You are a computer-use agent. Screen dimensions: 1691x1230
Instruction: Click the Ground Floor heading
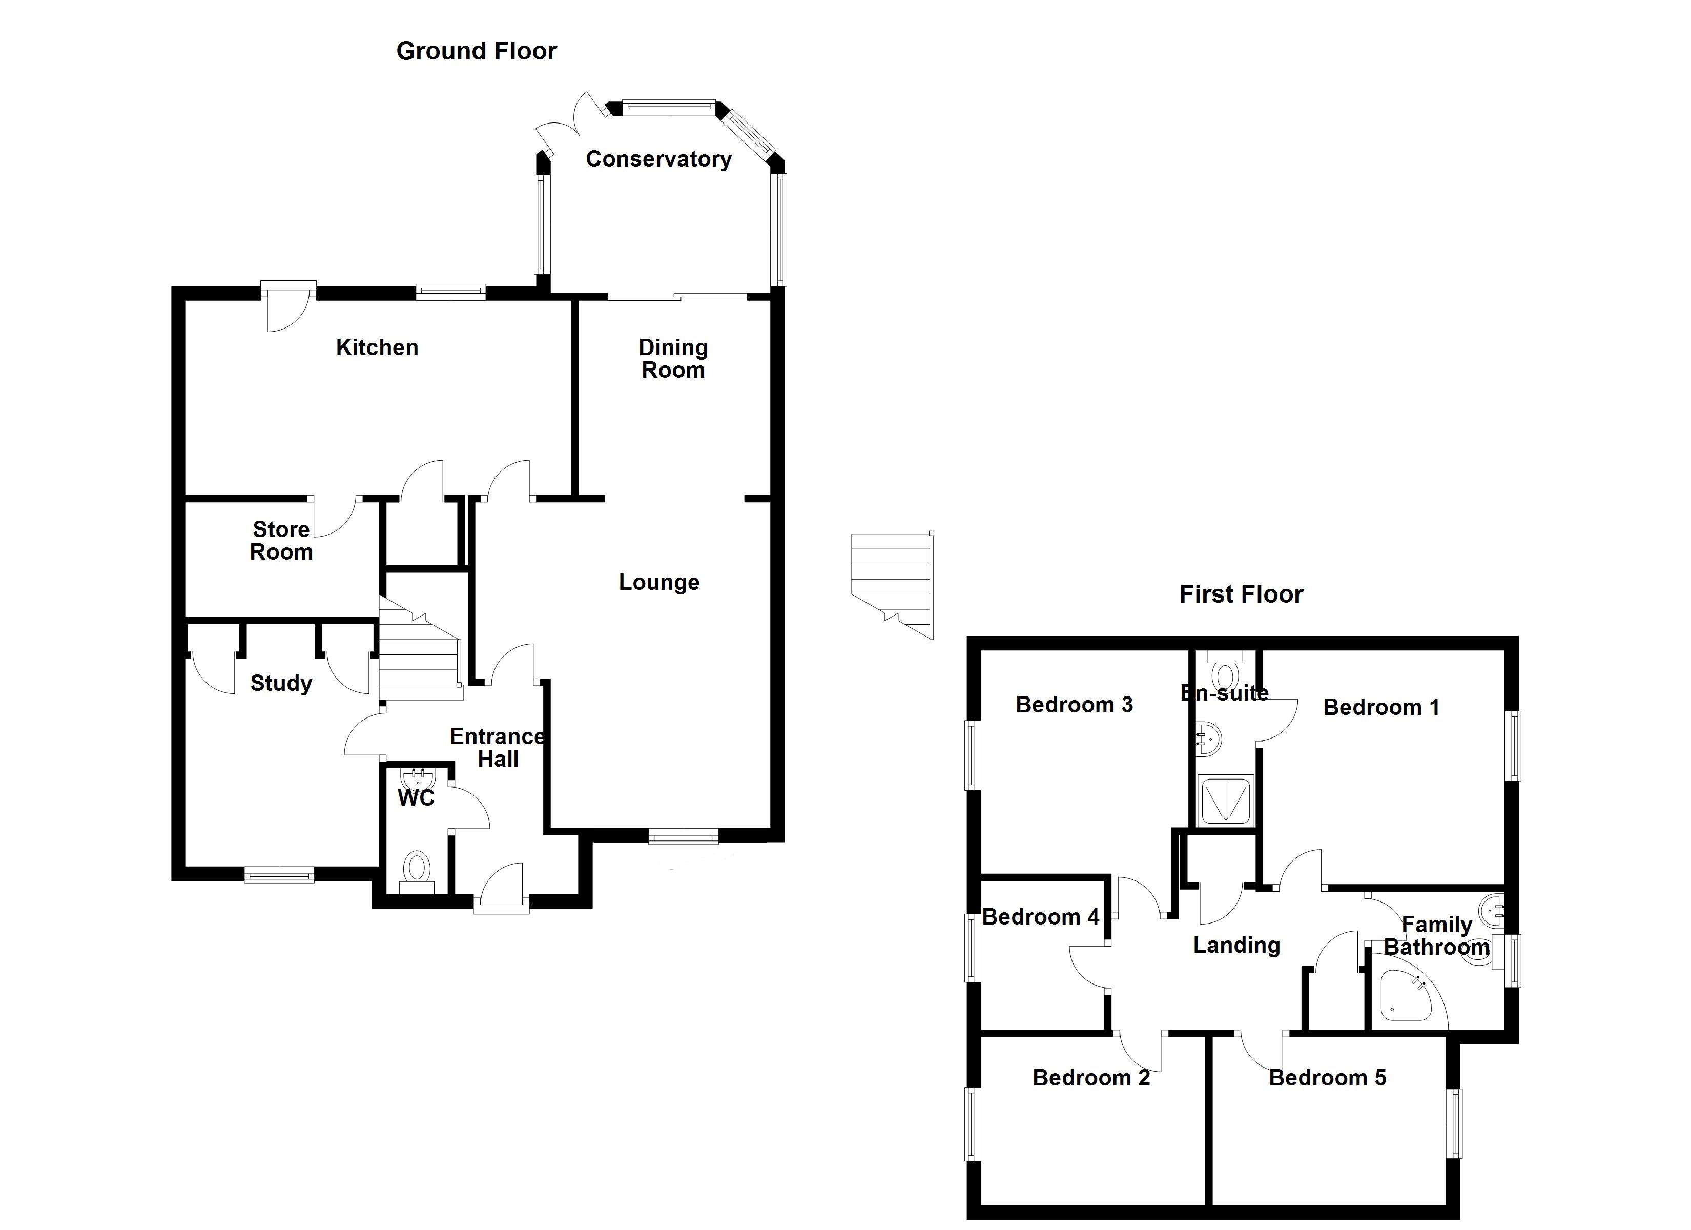tap(477, 51)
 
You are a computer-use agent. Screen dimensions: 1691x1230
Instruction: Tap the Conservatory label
tap(658, 159)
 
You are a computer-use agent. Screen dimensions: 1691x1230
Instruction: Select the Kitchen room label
tap(377, 347)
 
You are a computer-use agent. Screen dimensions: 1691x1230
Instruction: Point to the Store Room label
tap(281, 541)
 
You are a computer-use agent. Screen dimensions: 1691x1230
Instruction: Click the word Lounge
tap(659, 583)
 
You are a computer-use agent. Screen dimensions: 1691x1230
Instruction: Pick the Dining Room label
tap(672, 359)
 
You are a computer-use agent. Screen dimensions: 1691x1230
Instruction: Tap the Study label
tap(281, 683)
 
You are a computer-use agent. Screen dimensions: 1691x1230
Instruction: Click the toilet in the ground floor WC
tap(417, 870)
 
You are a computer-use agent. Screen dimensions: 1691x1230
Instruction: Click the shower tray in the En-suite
tap(1225, 801)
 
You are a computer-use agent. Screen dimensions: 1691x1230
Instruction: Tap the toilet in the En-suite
tap(1224, 672)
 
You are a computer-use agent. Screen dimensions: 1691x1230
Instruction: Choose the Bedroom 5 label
tap(1327, 1078)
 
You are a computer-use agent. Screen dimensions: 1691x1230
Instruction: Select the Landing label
tap(1236, 945)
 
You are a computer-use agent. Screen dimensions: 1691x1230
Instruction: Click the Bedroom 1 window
tap(1514, 745)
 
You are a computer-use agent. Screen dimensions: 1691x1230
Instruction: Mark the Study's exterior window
tap(280, 874)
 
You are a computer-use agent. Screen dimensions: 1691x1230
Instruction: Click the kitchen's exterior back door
tap(288, 307)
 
